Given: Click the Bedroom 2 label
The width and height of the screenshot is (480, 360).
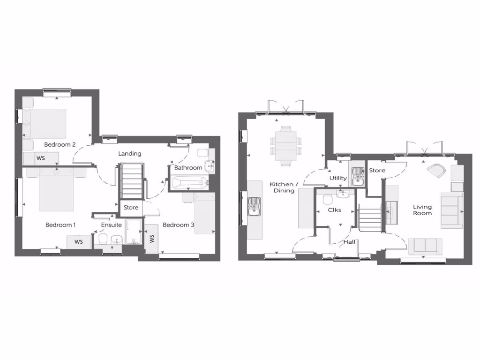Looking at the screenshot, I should pyautogui.click(x=60, y=144).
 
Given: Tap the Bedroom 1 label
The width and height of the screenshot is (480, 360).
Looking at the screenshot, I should pyautogui.click(x=60, y=225).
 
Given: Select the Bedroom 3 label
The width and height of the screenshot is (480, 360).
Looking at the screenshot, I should pyautogui.click(x=178, y=225).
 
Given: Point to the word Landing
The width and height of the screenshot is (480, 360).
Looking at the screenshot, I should pyautogui.click(x=129, y=153).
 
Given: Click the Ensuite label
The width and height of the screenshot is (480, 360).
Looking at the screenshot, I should pyautogui.click(x=112, y=225).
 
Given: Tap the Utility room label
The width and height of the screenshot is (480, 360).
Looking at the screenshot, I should pyautogui.click(x=338, y=178).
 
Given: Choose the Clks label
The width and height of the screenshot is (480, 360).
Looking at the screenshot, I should pyautogui.click(x=334, y=210).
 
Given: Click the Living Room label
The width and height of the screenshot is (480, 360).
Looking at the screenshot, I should pyautogui.click(x=422, y=210).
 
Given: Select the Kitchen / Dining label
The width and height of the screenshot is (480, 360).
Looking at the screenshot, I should pyautogui.click(x=282, y=187).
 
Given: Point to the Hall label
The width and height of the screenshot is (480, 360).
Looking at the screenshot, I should pyautogui.click(x=349, y=242).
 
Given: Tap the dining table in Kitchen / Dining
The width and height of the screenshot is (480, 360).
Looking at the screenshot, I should pyautogui.click(x=285, y=145).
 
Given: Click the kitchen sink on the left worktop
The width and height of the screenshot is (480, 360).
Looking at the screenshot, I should pyautogui.click(x=254, y=207).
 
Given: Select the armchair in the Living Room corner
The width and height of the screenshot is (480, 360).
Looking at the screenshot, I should pyautogui.click(x=437, y=170).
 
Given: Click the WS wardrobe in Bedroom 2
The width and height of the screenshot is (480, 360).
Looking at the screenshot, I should pyautogui.click(x=41, y=158).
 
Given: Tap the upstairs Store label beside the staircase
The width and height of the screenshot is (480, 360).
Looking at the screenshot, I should pyautogui.click(x=131, y=207).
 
